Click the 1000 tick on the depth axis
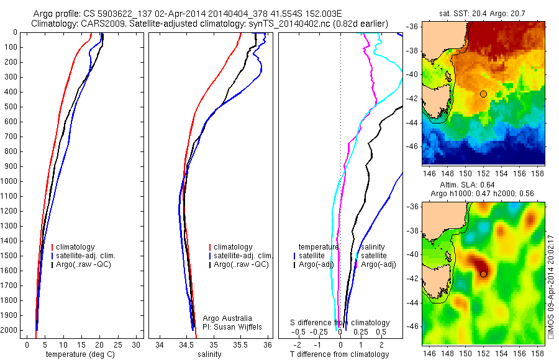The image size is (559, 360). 11,181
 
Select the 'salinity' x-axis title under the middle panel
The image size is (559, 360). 208,354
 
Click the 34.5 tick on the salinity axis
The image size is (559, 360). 186,344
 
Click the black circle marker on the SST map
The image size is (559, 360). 483,94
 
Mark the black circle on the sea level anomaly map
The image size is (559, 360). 483,273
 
